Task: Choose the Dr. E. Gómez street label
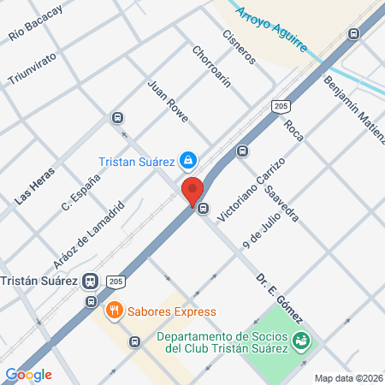(280, 299)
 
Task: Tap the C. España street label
(81, 192)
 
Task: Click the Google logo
(29, 374)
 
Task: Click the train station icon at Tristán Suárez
(90, 281)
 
